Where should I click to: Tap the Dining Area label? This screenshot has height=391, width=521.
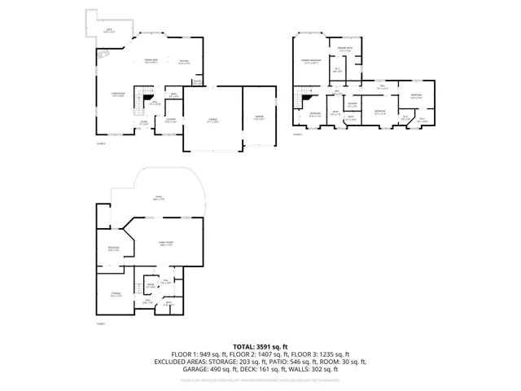[151, 61]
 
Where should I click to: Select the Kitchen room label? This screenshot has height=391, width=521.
[184, 61]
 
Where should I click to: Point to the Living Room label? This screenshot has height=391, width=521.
[118, 95]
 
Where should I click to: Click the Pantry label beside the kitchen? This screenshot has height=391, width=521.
[197, 81]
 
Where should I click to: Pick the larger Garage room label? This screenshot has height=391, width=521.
[212, 120]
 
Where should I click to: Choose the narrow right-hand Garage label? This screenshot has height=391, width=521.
[260, 117]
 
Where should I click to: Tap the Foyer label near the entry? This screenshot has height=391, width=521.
[143, 124]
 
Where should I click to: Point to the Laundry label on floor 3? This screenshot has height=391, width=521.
[352, 104]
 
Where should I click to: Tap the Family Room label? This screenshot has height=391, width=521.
[168, 244]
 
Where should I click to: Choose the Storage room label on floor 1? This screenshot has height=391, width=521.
[116, 295]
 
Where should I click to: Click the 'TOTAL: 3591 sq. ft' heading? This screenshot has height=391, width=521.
[260, 346]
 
